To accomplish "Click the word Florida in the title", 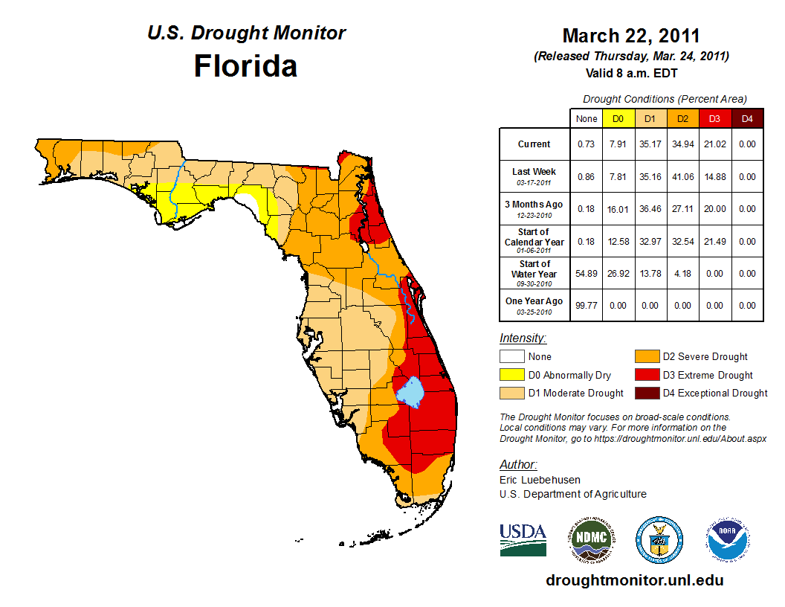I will point(245,66).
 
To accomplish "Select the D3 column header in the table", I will point(714,118).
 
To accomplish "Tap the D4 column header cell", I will point(747,118).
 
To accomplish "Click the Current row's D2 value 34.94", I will point(682,144).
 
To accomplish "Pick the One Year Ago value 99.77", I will point(587,305).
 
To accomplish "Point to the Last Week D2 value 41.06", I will point(682,177).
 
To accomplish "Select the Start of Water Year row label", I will point(534,273).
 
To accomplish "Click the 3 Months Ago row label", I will point(534,208).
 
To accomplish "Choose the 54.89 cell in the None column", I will point(587,274).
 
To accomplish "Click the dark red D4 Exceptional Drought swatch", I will point(646,393).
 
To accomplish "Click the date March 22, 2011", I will point(631,36).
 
